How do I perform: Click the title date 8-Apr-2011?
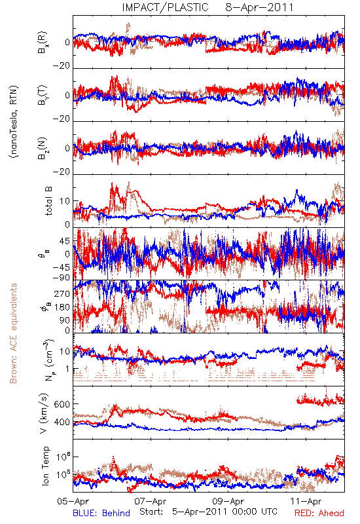259,7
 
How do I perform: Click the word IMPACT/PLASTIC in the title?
166,7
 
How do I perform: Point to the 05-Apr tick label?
73,501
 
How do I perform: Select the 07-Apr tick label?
151,501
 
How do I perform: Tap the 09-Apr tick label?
228,501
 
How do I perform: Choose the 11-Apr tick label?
306,501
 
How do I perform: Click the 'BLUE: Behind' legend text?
101,513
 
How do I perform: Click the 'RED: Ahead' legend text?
319,513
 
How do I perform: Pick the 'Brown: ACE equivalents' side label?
13,333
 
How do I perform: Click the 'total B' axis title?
48,201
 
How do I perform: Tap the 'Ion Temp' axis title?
45,466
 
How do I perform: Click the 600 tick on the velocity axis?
62,404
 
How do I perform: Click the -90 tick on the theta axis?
62,278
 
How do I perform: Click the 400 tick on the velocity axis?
62,422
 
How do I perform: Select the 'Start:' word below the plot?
151,512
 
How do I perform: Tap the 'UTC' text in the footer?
269,512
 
